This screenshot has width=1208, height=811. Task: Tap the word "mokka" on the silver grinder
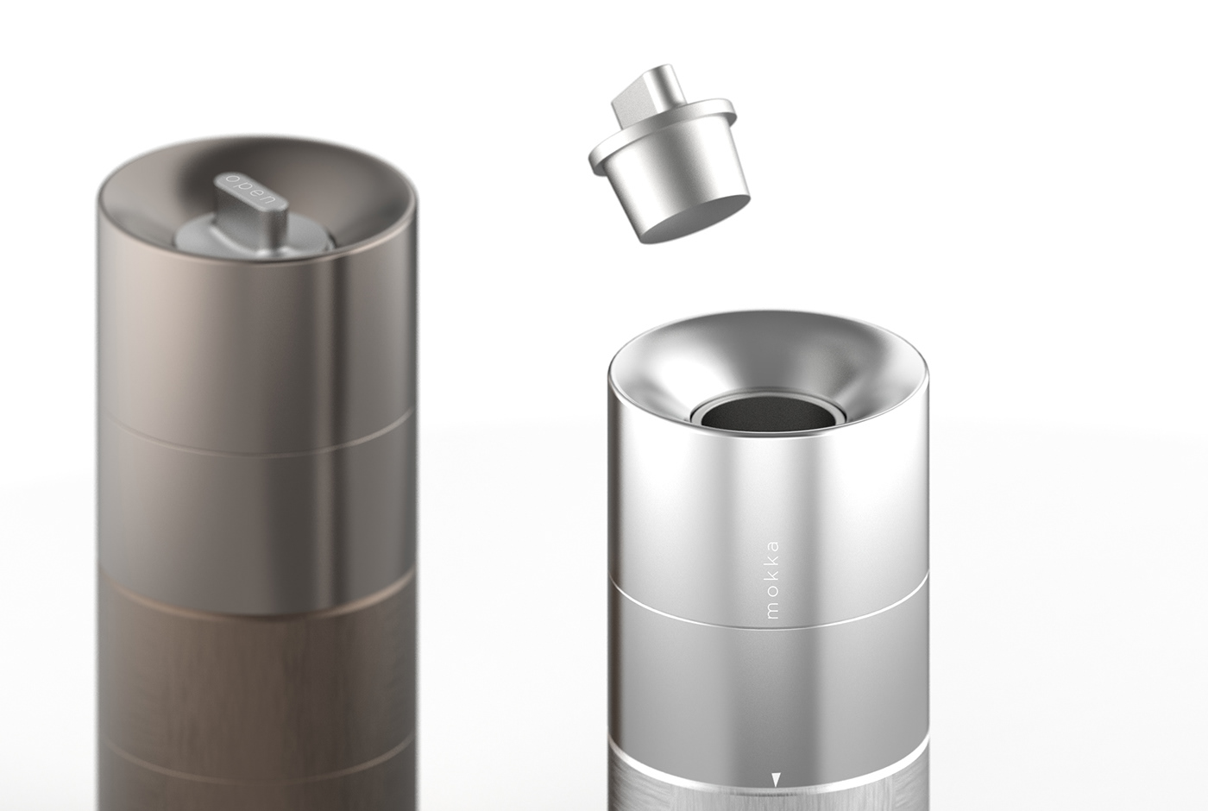click(772, 579)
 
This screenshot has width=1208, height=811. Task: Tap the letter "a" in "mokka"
click(772, 546)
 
